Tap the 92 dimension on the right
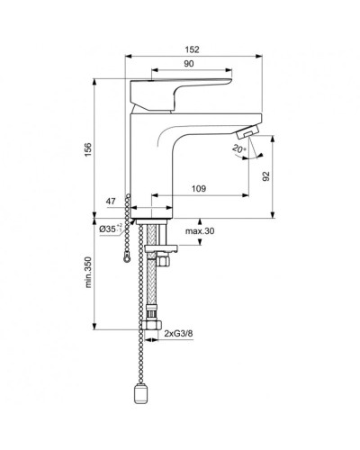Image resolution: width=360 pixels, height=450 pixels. (x=265, y=177)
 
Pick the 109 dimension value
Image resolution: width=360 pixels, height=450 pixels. (x=199, y=189)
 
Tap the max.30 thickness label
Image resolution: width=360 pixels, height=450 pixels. (x=199, y=231)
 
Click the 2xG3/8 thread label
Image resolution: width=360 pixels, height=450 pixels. (x=180, y=333)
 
